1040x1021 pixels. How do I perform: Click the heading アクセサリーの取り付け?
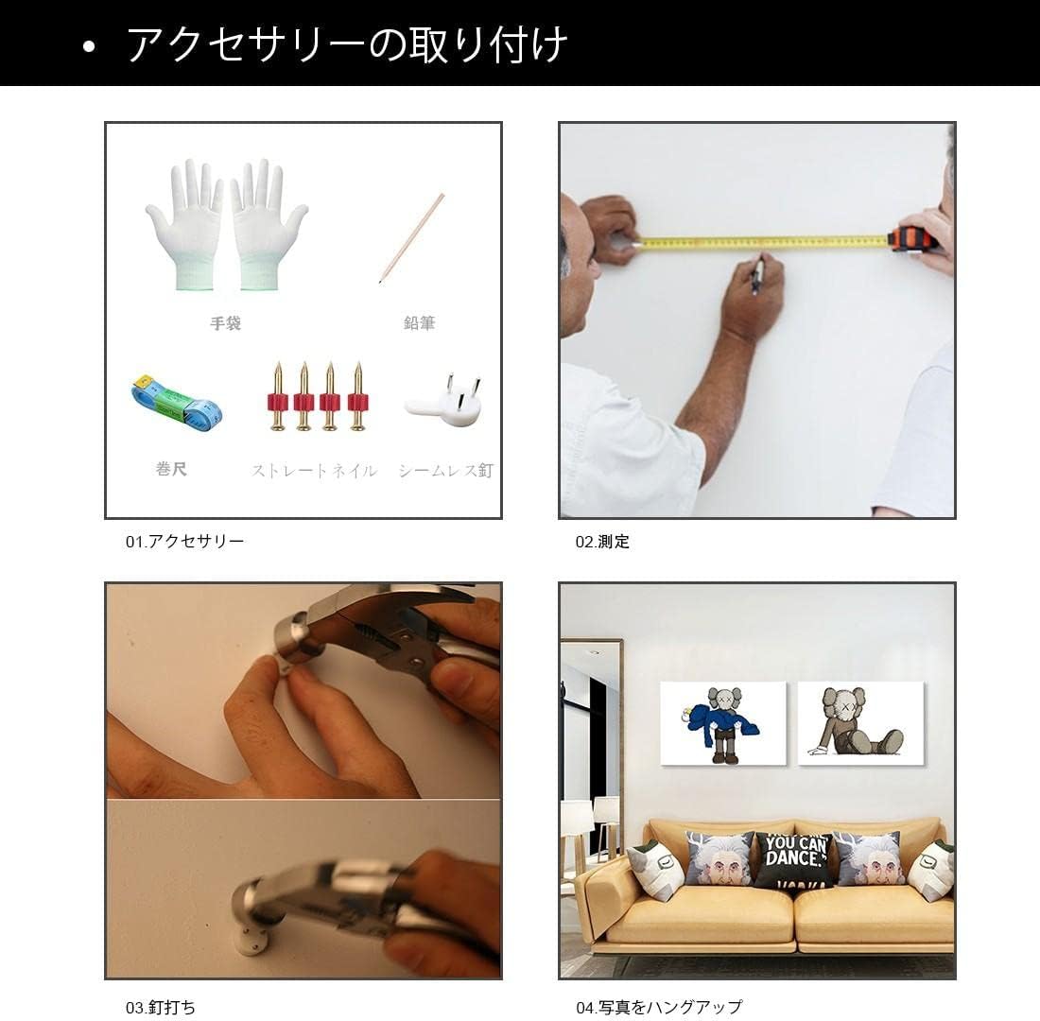[x=346, y=44]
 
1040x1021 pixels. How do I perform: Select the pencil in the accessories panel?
[x=411, y=238]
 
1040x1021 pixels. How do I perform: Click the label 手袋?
[x=225, y=323]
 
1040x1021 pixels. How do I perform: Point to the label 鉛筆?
[x=419, y=323]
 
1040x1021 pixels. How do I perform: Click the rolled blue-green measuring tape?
[x=176, y=402]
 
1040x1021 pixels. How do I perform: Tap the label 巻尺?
[x=171, y=469]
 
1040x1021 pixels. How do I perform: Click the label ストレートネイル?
[x=314, y=470]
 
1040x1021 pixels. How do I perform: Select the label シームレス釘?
[x=445, y=470]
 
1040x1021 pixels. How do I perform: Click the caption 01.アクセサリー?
[x=184, y=542]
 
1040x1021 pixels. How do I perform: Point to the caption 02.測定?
[x=602, y=542]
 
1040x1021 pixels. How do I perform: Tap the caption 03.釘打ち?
[x=161, y=1007]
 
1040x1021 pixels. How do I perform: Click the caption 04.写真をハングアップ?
[x=659, y=1007]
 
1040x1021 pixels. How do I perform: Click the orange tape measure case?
[x=912, y=238]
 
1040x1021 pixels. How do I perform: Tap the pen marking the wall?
[x=757, y=275]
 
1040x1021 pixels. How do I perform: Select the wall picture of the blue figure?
[x=723, y=723]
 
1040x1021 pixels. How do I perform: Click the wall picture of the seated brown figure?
[x=859, y=721]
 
